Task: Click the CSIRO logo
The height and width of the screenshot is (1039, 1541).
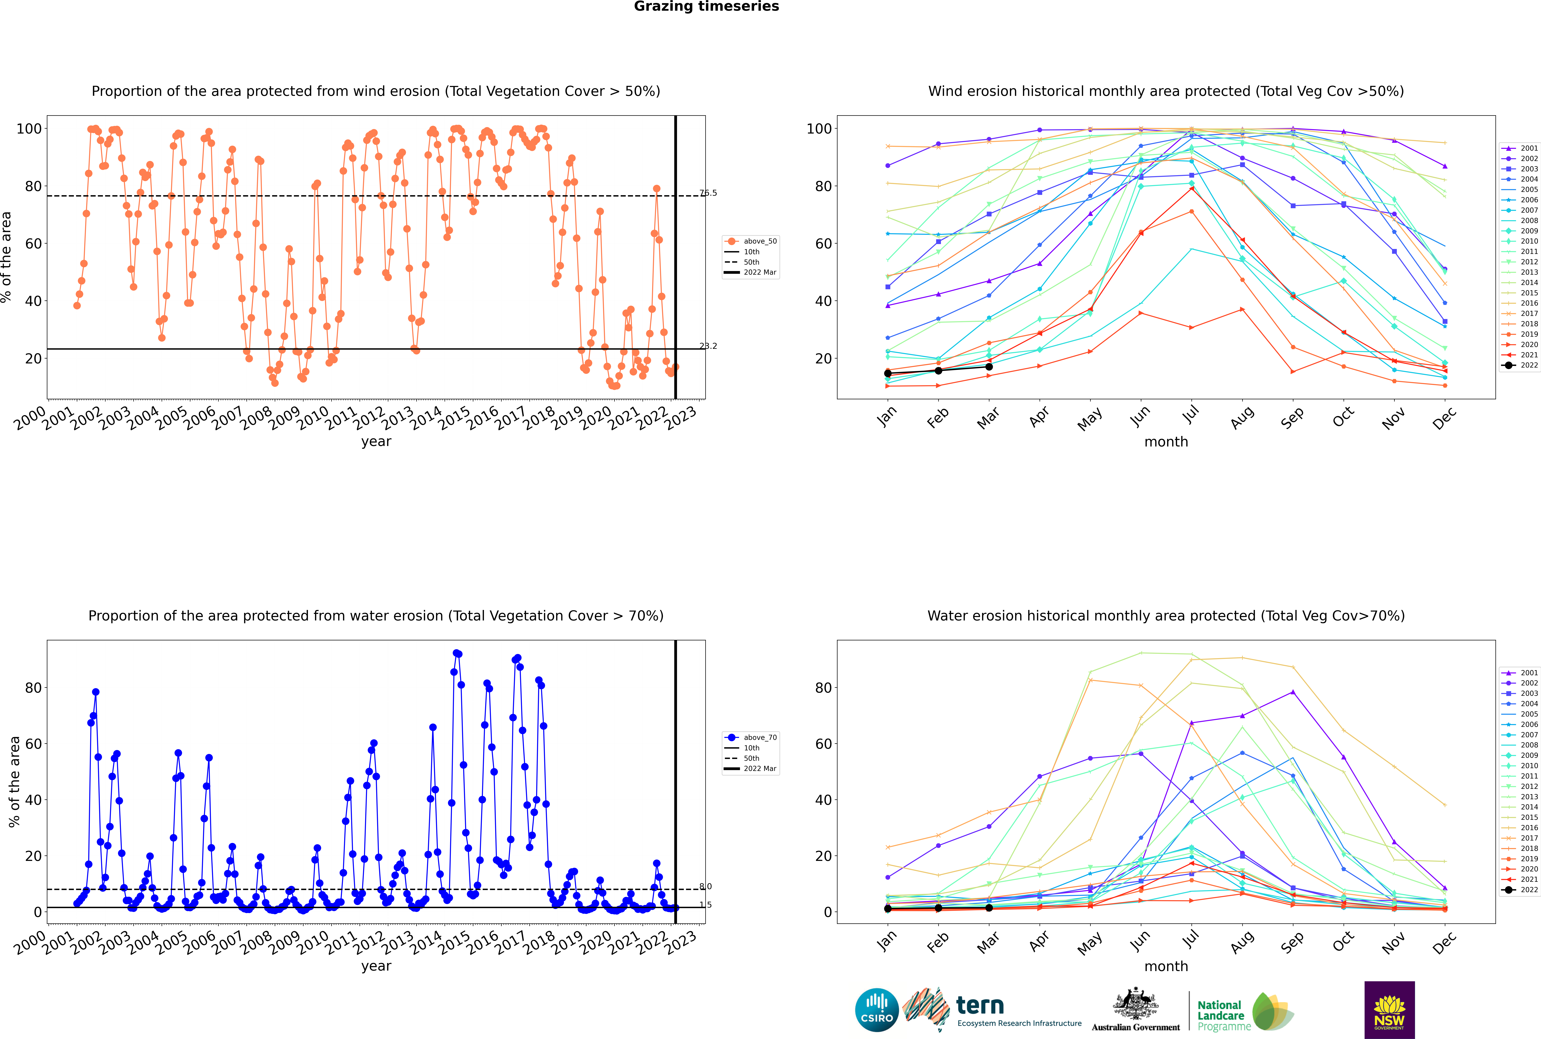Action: coord(876,1011)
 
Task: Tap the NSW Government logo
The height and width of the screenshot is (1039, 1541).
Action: coord(1389,1010)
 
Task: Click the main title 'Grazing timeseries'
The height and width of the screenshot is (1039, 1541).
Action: coord(706,7)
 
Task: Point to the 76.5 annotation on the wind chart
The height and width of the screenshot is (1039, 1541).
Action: coord(708,193)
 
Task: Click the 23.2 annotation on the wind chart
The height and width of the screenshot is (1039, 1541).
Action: coord(708,346)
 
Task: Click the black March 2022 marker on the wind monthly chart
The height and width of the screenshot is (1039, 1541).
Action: coord(989,366)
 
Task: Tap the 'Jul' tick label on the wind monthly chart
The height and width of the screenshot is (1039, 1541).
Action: coord(1190,414)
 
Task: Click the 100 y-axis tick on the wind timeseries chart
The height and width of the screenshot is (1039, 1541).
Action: coord(29,129)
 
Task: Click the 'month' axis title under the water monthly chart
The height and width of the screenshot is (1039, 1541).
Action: coord(1166,966)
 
